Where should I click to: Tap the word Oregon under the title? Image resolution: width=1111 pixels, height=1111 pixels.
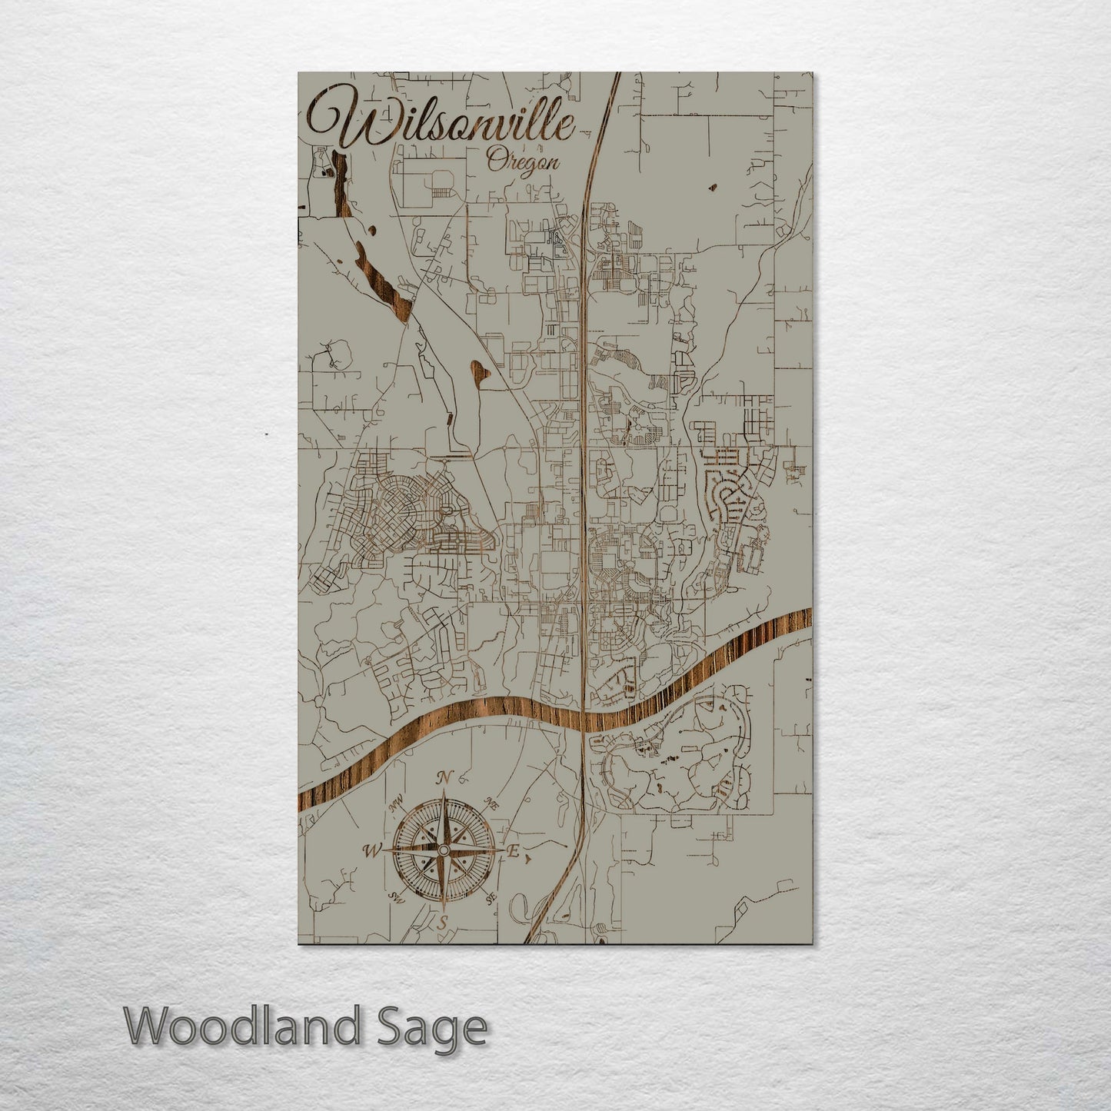coord(523,162)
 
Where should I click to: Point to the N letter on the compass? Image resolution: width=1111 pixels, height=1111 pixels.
coord(443,778)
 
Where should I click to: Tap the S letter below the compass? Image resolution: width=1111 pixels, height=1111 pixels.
coord(441,923)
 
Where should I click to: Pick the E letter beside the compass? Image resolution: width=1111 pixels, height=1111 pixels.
coord(514,851)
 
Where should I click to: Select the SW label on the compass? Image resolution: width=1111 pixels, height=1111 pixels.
coord(397,896)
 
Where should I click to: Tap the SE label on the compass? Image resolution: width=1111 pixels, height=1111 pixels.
coord(491,896)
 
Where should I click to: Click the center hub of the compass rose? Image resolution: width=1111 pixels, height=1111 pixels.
coord(443,850)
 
